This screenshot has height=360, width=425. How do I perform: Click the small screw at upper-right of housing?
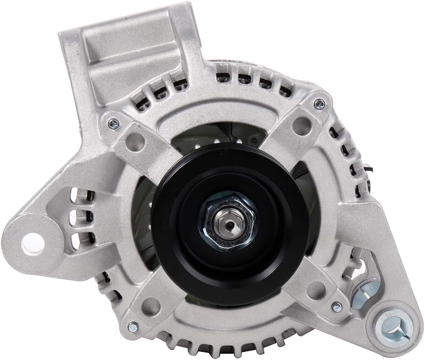319,103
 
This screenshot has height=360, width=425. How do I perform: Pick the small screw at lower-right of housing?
337,306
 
